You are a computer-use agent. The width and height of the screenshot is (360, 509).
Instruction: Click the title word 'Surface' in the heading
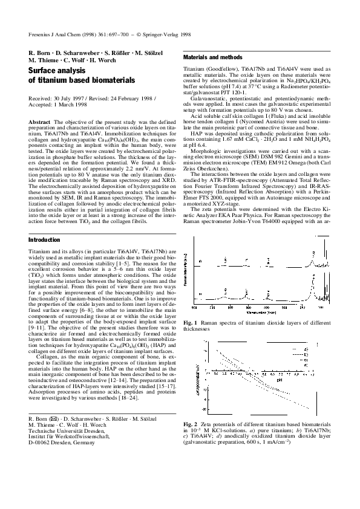pyautogui.click(x=45, y=71)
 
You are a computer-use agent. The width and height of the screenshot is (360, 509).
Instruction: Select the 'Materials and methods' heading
pyautogui.click(x=212, y=57)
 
